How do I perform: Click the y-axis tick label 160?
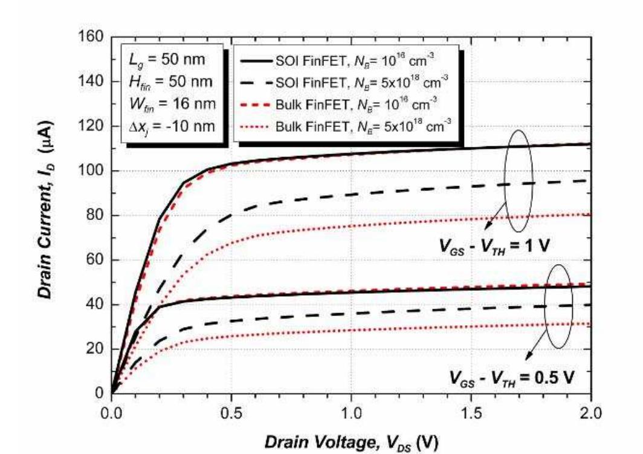click(x=91, y=37)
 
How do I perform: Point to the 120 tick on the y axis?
click(x=91, y=126)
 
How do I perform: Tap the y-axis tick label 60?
click(x=94, y=261)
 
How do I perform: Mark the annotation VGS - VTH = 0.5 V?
click(x=511, y=378)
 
